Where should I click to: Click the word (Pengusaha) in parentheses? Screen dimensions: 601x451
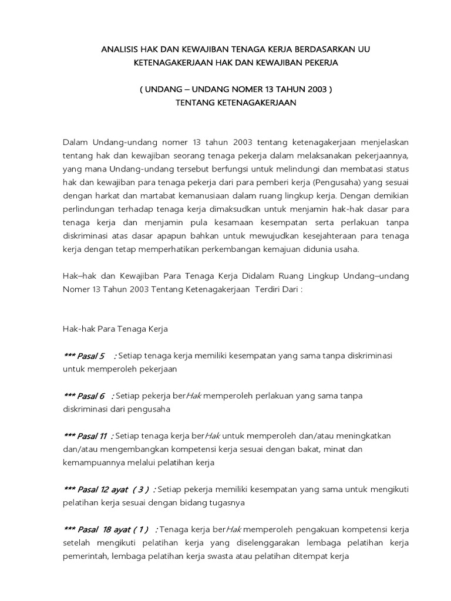(x=332, y=182)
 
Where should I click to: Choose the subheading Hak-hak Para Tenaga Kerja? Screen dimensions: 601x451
(x=115, y=329)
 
